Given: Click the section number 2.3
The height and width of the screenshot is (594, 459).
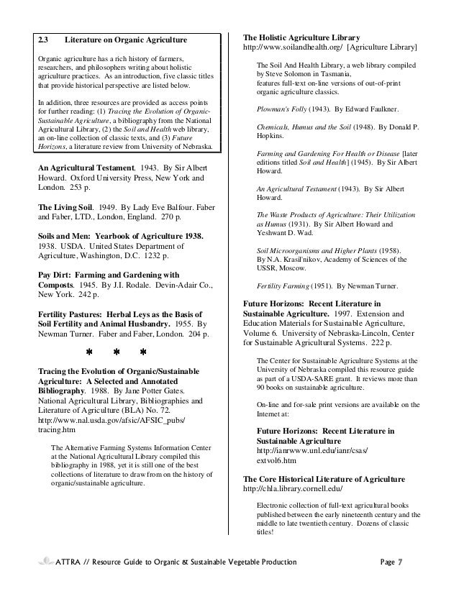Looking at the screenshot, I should point(44,38).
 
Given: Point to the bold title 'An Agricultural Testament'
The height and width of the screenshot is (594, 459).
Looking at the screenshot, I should point(85,168).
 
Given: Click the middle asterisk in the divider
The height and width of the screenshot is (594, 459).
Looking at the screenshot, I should point(115,352).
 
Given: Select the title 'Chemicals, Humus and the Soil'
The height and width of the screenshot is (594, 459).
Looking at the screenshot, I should point(305,126).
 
